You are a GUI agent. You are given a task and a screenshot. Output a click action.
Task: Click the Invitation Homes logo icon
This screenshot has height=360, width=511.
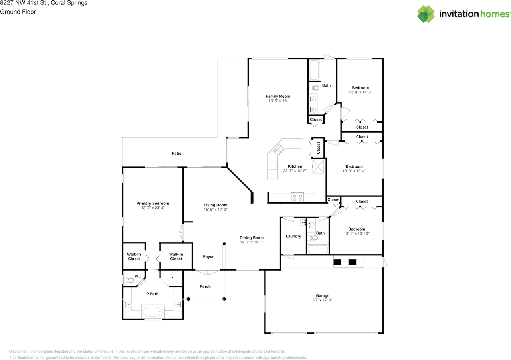pyautogui.click(x=426, y=14)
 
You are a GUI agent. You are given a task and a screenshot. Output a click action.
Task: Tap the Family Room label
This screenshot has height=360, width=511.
pyautogui.click(x=278, y=96)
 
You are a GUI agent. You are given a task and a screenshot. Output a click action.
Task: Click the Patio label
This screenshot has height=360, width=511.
pyautogui.click(x=176, y=154)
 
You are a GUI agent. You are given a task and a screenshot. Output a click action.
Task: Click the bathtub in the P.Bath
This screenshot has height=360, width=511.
pyautogui.click(x=153, y=311)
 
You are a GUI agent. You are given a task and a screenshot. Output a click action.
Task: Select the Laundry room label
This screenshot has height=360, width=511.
pyautogui.click(x=293, y=236)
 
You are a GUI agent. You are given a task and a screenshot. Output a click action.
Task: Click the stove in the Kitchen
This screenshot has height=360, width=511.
pyautogui.click(x=297, y=196)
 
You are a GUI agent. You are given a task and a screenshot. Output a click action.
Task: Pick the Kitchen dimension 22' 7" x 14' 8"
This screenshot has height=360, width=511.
pyautogui.click(x=295, y=171)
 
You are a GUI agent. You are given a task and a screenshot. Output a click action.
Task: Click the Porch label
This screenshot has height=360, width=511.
pyautogui.click(x=205, y=287)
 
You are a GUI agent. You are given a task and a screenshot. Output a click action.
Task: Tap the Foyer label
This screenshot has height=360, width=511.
pyautogui.click(x=208, y=257)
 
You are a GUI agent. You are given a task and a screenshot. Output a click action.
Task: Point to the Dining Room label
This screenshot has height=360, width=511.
pyautogui.click(x=252, y=238)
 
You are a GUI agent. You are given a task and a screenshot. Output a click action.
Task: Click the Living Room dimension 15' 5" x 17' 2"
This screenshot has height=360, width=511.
pyautogui.click(x=216, y=210)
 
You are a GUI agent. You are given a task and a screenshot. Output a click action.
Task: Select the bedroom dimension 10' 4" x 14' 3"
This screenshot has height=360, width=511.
pyautogui.click(x=360, y=92)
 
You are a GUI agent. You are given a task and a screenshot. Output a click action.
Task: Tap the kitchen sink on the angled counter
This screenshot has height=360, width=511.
pyautogui.click(x=277, y=150)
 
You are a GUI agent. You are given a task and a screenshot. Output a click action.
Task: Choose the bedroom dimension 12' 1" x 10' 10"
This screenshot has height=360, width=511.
pyautogui.click(x=356, y=234)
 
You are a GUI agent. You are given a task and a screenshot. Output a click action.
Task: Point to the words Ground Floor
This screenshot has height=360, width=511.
pyautogui.click(x=18, y=12)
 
